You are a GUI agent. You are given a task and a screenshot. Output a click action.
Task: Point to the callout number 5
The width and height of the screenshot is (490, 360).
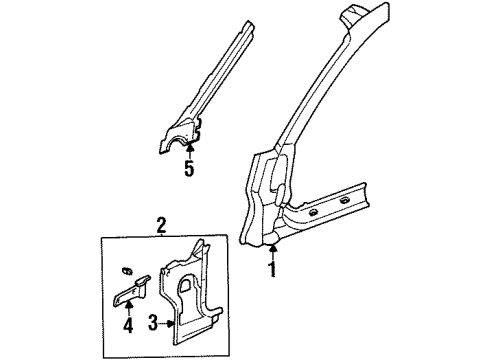pyautogui.click(x=188, y=169)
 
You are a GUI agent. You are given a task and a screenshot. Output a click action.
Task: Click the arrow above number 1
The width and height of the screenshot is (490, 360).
pyautogui.click(x=271, y=250)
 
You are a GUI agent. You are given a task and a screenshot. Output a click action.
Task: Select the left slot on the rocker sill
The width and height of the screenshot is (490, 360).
pyautogui.click(x=314, y=214)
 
